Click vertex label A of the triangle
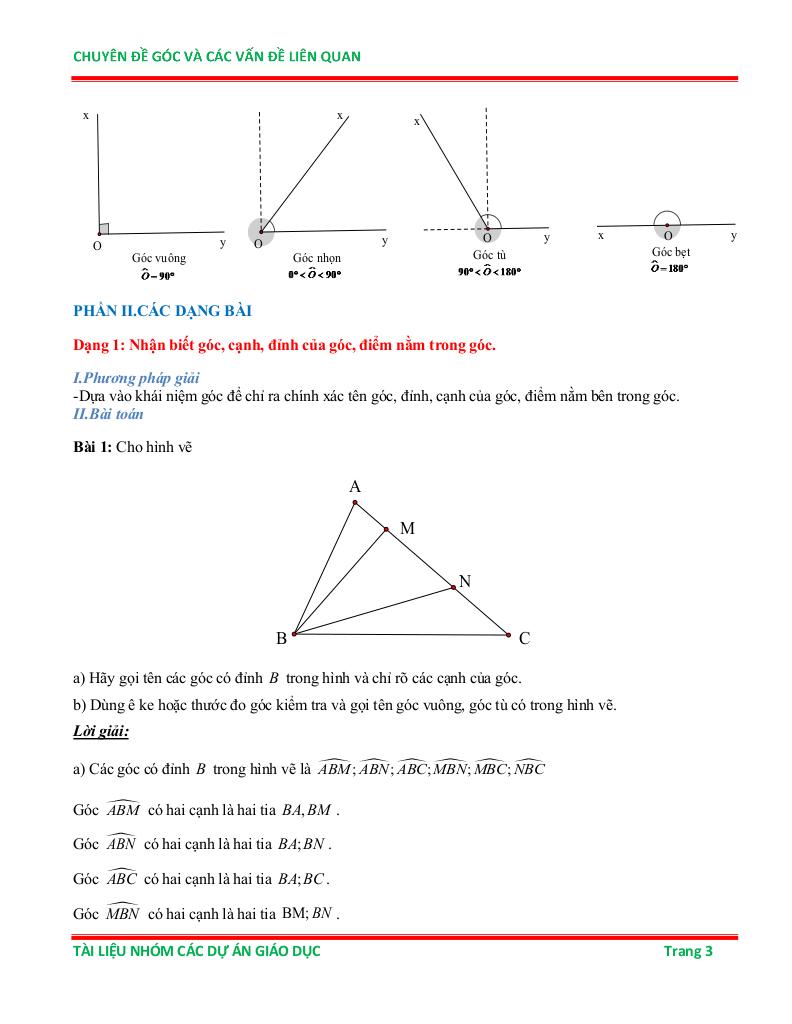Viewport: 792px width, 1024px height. (x=355, y=487)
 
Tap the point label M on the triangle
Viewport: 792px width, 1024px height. (x=407, y=528)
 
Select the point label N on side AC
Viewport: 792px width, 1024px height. (x=464, y=581)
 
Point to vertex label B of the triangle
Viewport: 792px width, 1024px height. (x=281, y=638)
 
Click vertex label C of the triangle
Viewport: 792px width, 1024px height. (x=524, y=638)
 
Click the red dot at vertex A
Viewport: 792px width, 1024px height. (x=355, y=503)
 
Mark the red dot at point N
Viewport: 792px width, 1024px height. (x=453, y=587)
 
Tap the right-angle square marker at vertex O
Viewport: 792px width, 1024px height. (x=103, y=229)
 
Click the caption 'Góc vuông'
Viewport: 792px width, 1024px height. (x=158, y=258)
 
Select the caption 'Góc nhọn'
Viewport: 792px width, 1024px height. (x=316, y=258)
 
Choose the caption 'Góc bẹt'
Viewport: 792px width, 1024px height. (x=670, y=252)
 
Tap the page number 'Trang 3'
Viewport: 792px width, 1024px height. (x=688, y=951)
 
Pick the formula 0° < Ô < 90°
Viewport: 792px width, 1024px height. (x=315, y=273)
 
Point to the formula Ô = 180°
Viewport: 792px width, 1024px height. (x=669, y=267)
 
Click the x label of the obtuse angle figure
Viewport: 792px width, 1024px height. (x=416, y=121)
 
